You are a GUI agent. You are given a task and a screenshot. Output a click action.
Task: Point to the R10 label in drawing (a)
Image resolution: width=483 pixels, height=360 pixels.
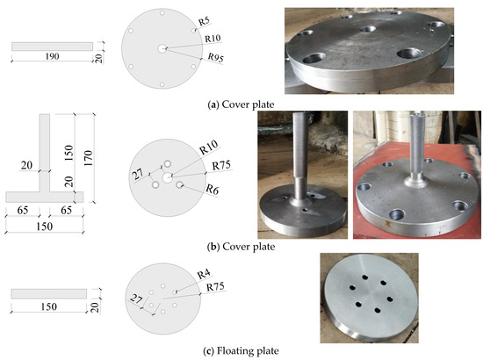click(213, 38)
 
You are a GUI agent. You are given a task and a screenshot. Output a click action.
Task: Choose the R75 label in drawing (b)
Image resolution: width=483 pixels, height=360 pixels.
click(212, 162)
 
